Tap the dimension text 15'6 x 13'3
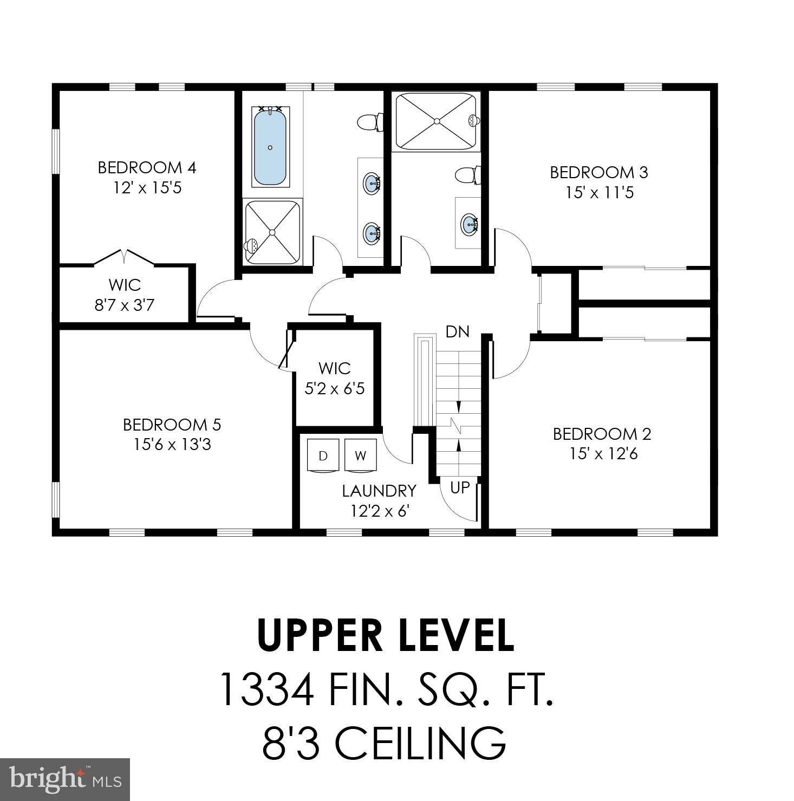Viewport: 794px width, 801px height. tap(172, 445)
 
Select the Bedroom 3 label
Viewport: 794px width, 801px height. tap(598, 172)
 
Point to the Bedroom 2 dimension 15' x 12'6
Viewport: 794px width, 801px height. tap(603, 454)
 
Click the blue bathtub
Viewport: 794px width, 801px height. tap(270, 146)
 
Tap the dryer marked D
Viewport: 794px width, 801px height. tap(323, 455)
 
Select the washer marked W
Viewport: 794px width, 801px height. tap(360, 455)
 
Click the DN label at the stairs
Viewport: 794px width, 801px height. tap(457, 331)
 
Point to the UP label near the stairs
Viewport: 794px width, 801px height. tap(460, 487)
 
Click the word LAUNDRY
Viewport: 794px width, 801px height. tap(379, 491)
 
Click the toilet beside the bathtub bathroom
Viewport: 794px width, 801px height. tap(369, 122)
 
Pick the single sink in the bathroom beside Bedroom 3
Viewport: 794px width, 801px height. tap(469, 223)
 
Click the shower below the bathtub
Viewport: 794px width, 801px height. tap(272, 232)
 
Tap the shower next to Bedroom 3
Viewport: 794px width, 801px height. tap(437, 122)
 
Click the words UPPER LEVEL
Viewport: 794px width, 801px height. tap(386, 635)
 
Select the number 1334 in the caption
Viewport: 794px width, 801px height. tap(268, 689)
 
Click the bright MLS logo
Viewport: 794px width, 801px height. tap(64, 779)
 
